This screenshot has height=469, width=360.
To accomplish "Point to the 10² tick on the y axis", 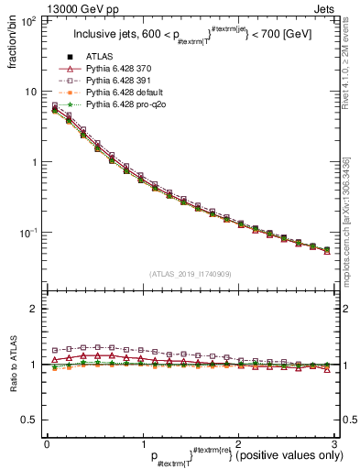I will pos(30,21).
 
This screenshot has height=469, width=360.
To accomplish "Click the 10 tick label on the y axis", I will pos(32,92).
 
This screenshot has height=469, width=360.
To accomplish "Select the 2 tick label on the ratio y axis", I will pos(37,309).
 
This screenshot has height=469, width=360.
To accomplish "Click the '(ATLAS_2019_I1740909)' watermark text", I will pos(190,273).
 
